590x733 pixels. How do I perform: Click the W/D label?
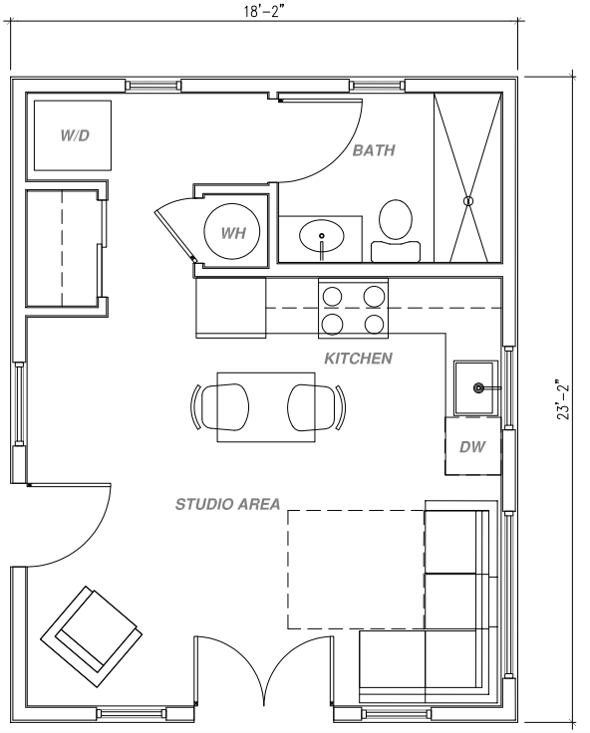point(75,135)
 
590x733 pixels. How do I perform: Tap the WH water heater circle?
point(232,231)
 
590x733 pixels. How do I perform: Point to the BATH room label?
point(374,150)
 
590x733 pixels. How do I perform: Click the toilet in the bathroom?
point(396,230)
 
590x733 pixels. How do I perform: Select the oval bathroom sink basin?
point(322,236)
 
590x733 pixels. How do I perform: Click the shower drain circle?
point(467,201)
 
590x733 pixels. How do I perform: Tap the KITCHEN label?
point(359,359)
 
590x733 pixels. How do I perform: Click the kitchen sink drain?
point(478,387)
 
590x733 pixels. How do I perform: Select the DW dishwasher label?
point(472,447)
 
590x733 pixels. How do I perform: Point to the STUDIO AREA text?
point(228,504)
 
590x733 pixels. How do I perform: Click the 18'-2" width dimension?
point(264,11)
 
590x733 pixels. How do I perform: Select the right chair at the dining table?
point(317,406)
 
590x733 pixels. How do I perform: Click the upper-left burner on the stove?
point(332,297)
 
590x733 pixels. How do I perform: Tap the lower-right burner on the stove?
point(375,324)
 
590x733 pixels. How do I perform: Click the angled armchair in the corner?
point(92,635)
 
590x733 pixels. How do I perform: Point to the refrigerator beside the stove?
point(230,307)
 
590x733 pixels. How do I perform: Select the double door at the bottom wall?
point(264,669)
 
